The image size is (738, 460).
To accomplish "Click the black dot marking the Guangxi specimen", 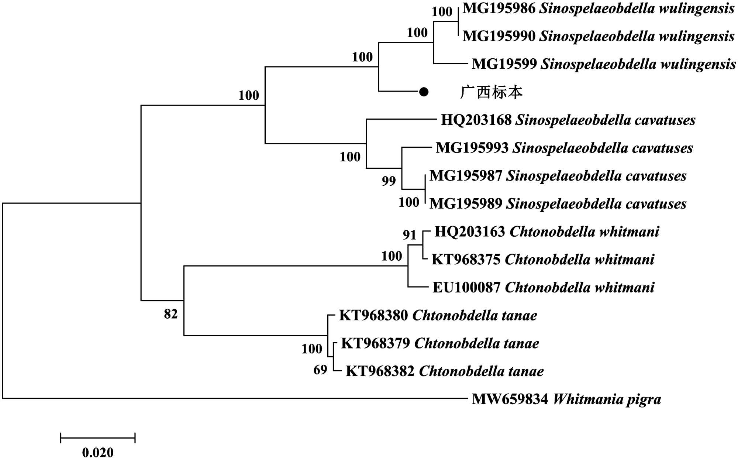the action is tap(424, 92).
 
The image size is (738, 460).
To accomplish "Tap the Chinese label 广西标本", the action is tap(491, 92).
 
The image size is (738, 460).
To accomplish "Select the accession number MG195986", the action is tap(499, 8).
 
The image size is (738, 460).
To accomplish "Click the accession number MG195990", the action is tap(499, 36).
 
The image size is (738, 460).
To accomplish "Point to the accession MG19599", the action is tap(504, 64).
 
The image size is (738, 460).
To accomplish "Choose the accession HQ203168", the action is tap(476, 120).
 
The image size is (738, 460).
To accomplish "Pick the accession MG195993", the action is tap(472, 148).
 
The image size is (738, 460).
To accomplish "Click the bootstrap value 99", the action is tap(389, 181).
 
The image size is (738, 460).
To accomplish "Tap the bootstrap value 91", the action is tap(410, 235).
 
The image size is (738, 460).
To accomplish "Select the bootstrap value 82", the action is tap(171, 314).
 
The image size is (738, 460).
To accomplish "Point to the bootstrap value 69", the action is tap(320, 370).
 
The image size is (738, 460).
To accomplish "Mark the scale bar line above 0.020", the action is tap(98, 438).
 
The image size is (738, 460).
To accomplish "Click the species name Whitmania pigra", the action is tap(607, 399).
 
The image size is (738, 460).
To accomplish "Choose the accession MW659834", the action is tap(510, 399).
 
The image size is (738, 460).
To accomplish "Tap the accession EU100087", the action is tap(466, 288).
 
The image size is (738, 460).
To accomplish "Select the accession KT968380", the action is tap(373, 316).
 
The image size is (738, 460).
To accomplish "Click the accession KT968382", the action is tap(380, 371).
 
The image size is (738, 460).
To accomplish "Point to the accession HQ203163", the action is tap(470, 232).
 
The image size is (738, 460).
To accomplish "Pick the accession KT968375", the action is tap(466, 260).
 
